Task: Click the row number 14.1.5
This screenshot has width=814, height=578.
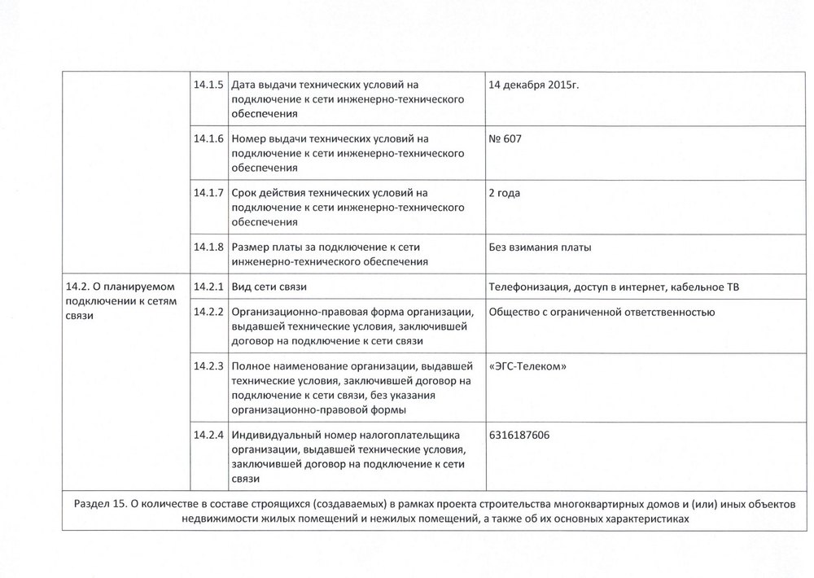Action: pos(209,85)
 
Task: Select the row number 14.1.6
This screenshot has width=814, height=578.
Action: pos(209,139)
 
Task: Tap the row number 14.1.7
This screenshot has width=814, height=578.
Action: pos(209,193)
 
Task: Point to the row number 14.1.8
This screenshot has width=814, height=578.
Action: pos(209,247)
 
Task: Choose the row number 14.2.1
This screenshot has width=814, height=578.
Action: pos(209,287)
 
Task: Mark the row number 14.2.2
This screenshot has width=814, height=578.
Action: pos(209,312)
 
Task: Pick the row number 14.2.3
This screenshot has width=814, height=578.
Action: pos(209,366)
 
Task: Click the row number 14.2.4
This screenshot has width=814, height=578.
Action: pos(209,435)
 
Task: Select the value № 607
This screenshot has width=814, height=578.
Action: pos(505,139)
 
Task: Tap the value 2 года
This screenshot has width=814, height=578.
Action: pos(505,193)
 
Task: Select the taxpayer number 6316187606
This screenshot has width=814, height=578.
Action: pos(519,435)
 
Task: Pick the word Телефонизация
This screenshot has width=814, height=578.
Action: pos(526,287)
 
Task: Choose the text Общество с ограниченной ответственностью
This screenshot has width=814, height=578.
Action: pos(602,312)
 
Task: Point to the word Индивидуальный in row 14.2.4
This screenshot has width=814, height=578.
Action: pos(274,435)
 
